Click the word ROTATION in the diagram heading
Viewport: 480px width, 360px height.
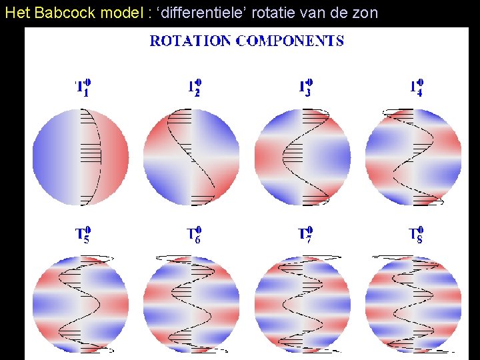click(x=191, y=41)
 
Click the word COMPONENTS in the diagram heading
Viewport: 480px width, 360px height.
click(x=290, y=41)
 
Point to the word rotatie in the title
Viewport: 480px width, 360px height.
click(x=273, y=12)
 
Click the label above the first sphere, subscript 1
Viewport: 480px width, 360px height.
click(x=83, y=87)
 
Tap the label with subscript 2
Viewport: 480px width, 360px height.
click(x=194, y=87)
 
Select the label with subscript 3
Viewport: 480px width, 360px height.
click(x=305, y=87)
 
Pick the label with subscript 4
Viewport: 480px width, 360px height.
click(x=416, y=87)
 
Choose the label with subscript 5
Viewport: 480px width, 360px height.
click(x=83, y=235)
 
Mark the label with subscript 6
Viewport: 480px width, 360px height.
click(x=194, y=235)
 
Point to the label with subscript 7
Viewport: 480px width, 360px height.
click(x=305, y=235)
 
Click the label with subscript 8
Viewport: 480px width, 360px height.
click(x=416, y=235)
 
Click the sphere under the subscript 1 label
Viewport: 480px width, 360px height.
click(x=81, y=157)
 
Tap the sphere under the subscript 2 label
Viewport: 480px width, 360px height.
click(x=191, y=157)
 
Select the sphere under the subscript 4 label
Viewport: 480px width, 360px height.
click(x=413, y=157)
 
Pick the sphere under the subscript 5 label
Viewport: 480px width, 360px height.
click(x=81, y=304)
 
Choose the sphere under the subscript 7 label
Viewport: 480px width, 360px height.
click(x=303, y=304)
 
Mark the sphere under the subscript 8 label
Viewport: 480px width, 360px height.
click(x=413, y=304)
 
